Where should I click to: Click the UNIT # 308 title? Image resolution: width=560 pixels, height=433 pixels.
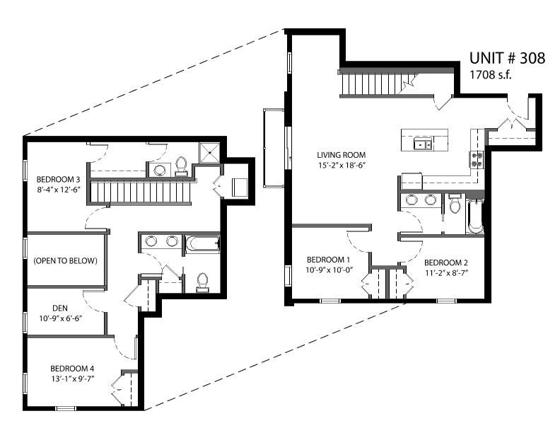point(507,58)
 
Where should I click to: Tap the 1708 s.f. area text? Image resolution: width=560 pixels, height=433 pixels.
point(491,75)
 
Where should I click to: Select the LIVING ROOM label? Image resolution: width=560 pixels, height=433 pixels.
point(342,155)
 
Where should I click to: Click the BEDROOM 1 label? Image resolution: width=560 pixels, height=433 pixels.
point(328,260)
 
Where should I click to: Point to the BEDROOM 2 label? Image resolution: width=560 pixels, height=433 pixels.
point(446,263)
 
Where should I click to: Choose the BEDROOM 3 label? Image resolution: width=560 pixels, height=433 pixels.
point(58,179)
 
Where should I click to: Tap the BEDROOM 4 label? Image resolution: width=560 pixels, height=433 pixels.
point(72,369)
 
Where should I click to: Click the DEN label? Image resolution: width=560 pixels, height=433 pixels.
point(60,308)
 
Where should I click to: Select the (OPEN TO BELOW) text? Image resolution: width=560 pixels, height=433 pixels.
point(65,261)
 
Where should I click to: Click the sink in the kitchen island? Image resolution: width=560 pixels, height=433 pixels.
point(424,144)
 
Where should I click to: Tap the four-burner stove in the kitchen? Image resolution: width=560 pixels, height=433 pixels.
point(477,160)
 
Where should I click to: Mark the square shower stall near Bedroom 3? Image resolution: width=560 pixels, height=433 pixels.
point(209,153)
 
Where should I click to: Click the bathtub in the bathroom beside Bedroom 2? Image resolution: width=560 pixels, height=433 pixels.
point(474,216)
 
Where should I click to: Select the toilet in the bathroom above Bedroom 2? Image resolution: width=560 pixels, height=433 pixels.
point(455,203)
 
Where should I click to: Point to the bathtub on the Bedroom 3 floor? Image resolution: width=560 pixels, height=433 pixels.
point(202,244)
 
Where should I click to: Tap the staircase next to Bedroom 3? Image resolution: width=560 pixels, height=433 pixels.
point(140,192)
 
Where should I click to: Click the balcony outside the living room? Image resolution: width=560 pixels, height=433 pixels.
point(274,149)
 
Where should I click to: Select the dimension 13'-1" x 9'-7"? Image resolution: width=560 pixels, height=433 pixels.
point(72,379)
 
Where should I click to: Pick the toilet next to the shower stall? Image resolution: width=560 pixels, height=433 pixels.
point(182,166)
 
